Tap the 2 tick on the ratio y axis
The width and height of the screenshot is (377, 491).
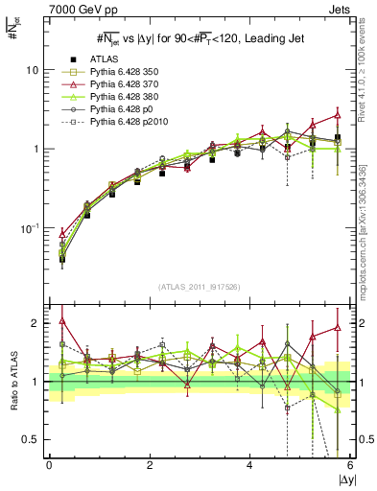pyautogui.click(x=35, y=323)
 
